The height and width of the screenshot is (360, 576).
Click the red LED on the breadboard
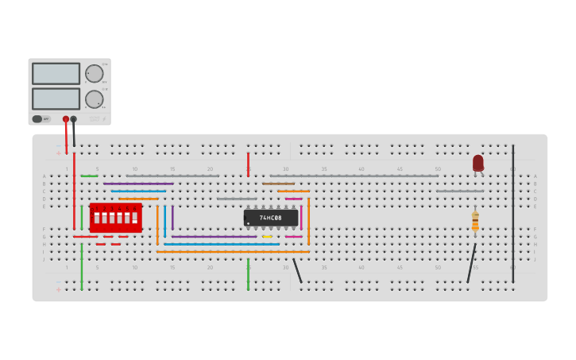[x=478, y=162]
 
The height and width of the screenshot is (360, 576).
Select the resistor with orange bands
[x=475, y=222]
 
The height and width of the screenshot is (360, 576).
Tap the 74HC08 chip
[x=271, y=217]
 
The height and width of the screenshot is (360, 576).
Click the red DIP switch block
[x=115, y=217]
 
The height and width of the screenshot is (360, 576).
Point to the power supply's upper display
[x=56, y=73]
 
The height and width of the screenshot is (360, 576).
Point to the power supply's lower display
[x=56, y=99]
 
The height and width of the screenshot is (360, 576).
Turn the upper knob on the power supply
[x=95, y=74]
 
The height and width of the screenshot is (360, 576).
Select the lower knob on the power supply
[x=95, y=99]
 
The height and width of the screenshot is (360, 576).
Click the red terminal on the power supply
[x=66, y=119]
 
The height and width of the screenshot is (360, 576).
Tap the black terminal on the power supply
[x=74, y=119]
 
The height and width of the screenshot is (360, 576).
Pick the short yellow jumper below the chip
[x=267, y=237]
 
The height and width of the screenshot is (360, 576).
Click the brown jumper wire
[x=278, y=184]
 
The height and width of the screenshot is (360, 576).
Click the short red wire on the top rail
[x=248, y=165]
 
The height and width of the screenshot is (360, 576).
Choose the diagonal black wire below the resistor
[x=472, y=262]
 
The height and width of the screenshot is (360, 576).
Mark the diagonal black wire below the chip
[x=297, y=270]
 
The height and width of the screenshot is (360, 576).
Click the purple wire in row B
[x=138, y=184]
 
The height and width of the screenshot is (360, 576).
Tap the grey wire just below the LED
[x=459, y=192]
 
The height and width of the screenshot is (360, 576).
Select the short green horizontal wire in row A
[x=89, y=176]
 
